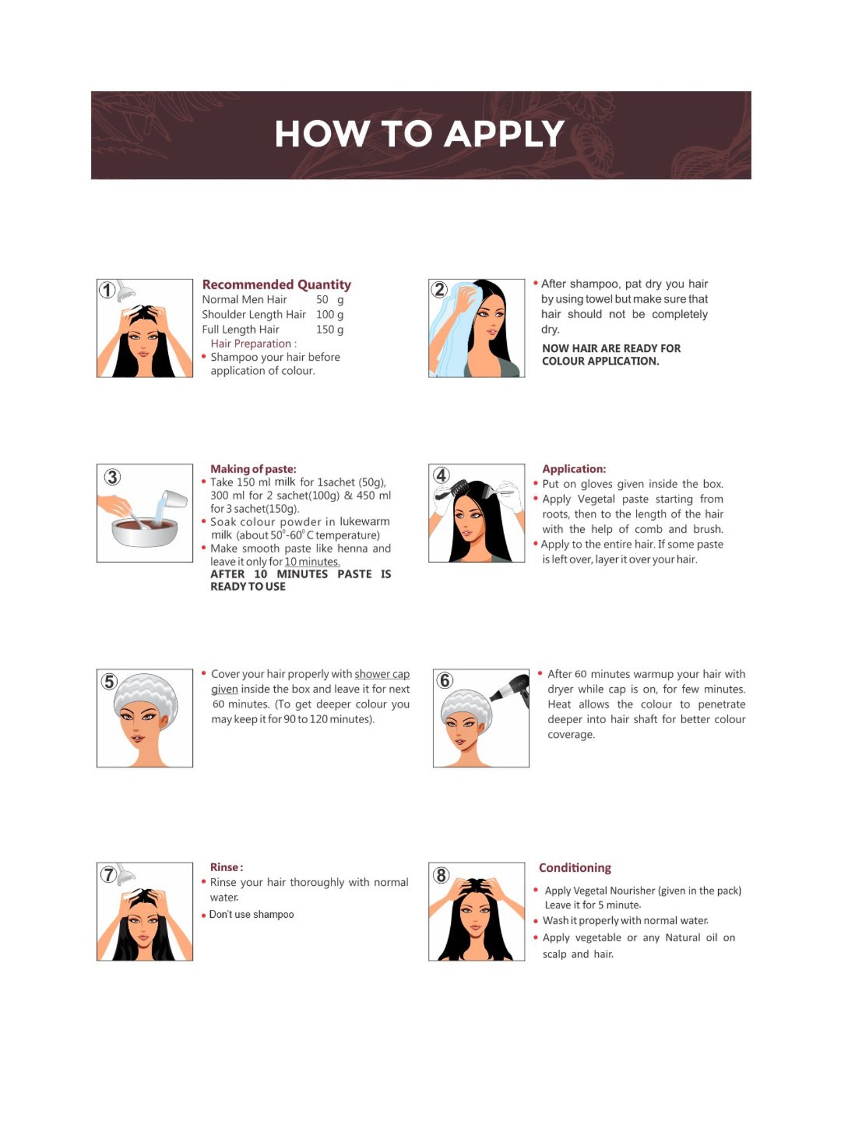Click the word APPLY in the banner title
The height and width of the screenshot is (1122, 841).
pyautogui.click(x=505, y=135)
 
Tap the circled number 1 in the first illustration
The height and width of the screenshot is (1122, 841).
pyautogui.click(x=107, y=290)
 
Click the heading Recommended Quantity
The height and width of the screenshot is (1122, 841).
pyautogui.click(x=276, y=284)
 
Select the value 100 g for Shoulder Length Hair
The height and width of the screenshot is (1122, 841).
pyautogui.click(x=330, y=314)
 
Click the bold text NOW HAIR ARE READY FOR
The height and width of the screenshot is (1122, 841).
pyautogui.click(x=611, y=348)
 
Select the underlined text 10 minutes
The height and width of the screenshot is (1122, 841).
pyautogui.click(x=312, y=562)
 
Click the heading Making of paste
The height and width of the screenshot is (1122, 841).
pyautogui.click(x=253, y=469)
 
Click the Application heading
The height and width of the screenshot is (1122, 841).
pyautogui.click(x=574, y=469)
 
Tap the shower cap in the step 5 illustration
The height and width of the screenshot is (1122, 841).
pyautogui.click(x=146, y=696)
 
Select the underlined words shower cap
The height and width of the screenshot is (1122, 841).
pyautogui.click(x=382, y=674)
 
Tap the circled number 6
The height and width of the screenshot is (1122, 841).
pyautogui.click(x=445, y=680)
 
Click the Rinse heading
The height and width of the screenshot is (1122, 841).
pyautogui.click(x=227, y=867)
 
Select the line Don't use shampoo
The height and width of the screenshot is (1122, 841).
pyautogui.click(x=251, y=914)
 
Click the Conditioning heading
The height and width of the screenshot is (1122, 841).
pyautogui.click(x=575, y=868)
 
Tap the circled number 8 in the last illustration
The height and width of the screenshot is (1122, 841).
pyautogui.click(x=441, y=875)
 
